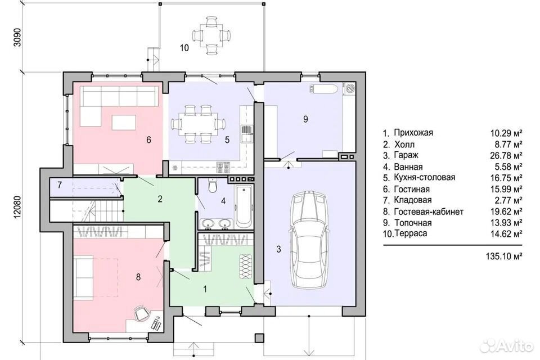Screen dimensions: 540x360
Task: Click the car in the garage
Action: coord(309,240)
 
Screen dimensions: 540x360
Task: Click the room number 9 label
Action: coord(305,119)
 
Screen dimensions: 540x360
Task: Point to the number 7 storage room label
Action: coord(60,185)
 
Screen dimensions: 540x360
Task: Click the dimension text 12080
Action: coord(17,207)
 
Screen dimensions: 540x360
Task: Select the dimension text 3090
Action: coord(17,37)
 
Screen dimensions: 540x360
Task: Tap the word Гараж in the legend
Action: coord(406,155)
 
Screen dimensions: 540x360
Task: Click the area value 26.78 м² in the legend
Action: coord(506,156)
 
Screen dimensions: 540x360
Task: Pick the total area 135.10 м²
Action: coord(504,256)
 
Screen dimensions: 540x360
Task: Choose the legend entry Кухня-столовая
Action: coord(424,177)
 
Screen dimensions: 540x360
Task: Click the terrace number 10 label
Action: coord(184,48)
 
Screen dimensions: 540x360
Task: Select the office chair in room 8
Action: coord(140,312)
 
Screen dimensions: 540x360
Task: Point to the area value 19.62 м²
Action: coord(506,211)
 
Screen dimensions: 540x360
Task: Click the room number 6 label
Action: coord(148,139)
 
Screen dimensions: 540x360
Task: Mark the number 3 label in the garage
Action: coord(278,249)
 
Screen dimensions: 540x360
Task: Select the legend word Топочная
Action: coord(413,223)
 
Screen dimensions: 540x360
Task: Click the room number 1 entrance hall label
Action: coord(205,289)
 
